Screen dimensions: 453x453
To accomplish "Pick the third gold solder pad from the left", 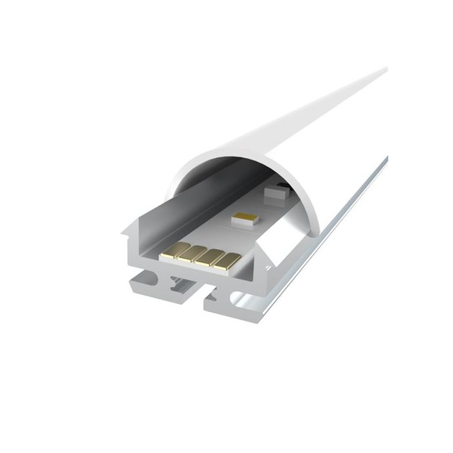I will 210,257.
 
